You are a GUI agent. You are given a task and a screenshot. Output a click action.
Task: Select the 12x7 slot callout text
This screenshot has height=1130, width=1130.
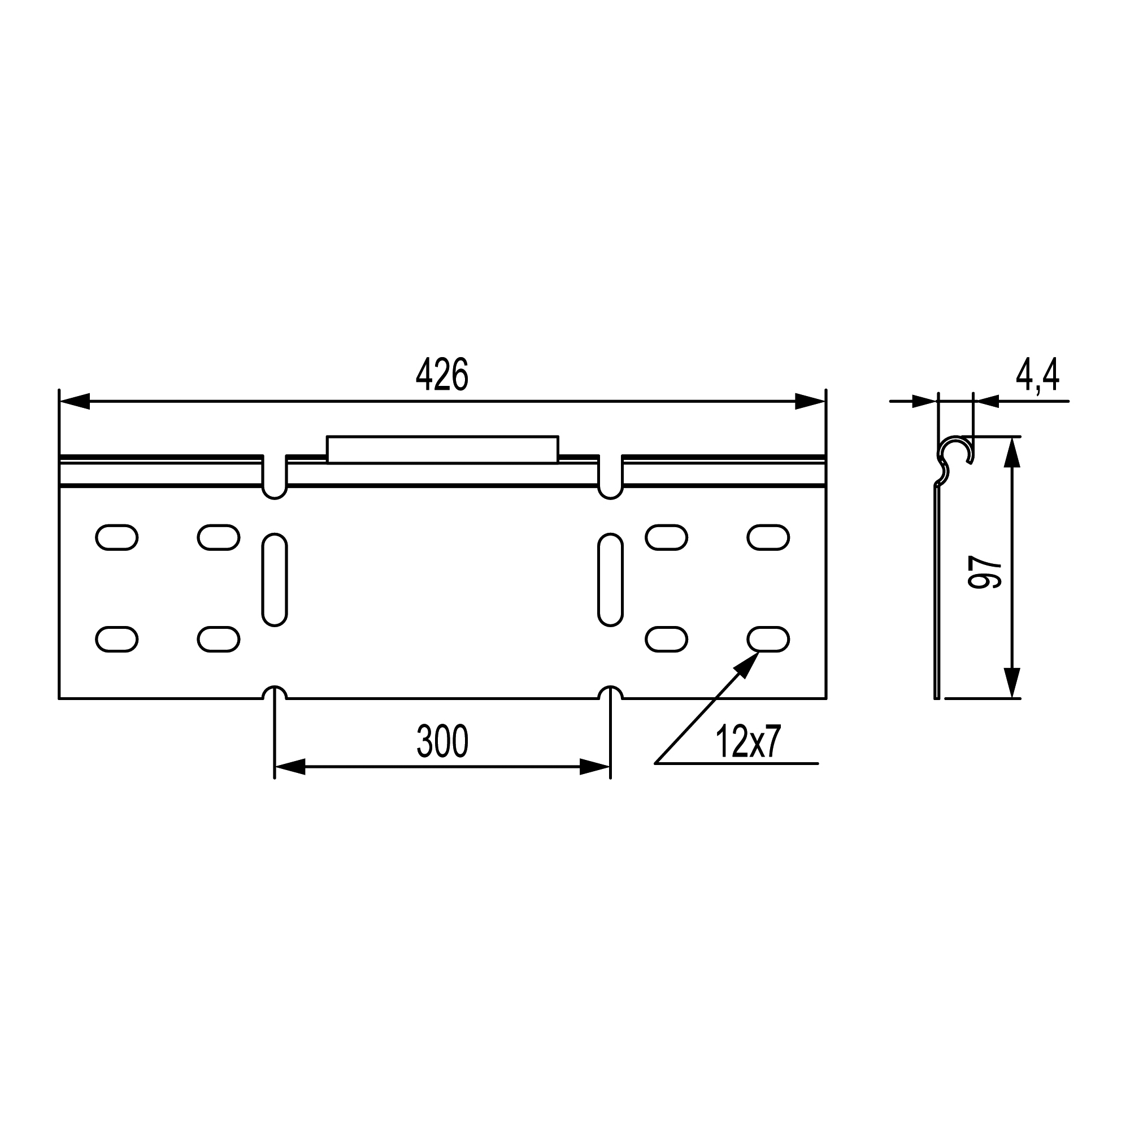click(x=748, y=743)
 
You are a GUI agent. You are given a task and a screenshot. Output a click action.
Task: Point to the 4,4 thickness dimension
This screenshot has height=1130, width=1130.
click(x=1037, y=376)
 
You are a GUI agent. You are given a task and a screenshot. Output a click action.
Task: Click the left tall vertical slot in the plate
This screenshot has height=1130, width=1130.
click(x=275, y=580)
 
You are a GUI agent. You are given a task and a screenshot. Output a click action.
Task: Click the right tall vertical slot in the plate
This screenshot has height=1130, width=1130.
click(x=610, y=580)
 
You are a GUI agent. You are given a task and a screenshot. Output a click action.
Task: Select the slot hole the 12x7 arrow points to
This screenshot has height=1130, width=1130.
click(x=768, y=639)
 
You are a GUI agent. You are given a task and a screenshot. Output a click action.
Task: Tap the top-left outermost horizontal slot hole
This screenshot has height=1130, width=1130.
click(x=116, y=537)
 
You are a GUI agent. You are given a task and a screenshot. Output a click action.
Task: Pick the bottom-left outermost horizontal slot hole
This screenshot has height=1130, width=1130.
click(x=116, y=639)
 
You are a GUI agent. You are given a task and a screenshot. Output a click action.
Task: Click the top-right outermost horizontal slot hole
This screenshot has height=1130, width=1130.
click(x=768, y=537)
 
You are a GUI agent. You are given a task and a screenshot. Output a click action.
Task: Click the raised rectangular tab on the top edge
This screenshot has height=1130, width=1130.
click(x=442, y=449)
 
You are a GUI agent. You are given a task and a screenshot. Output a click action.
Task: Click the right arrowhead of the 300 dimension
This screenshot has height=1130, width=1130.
click(x=595, y=767)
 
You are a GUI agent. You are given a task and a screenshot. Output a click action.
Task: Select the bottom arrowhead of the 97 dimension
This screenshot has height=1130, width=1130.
click(x=1012, y=683)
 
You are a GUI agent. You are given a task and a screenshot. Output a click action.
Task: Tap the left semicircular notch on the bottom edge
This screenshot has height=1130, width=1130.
click(x=275, y=693)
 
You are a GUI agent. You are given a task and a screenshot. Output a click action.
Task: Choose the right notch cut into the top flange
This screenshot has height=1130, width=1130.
click(x=610, y=477)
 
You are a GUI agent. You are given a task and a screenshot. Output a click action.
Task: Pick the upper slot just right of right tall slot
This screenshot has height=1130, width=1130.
click(x=666, y=537)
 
